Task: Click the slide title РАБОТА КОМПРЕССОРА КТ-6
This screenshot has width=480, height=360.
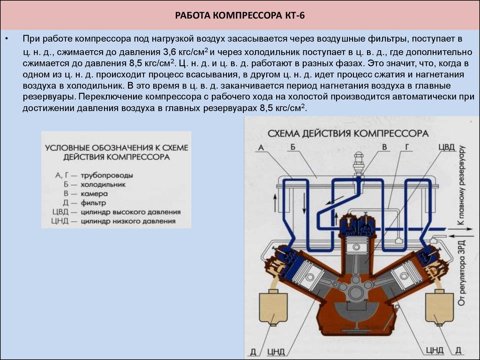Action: click(240, 15)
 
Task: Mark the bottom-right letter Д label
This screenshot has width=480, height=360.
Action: click(458, 350)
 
